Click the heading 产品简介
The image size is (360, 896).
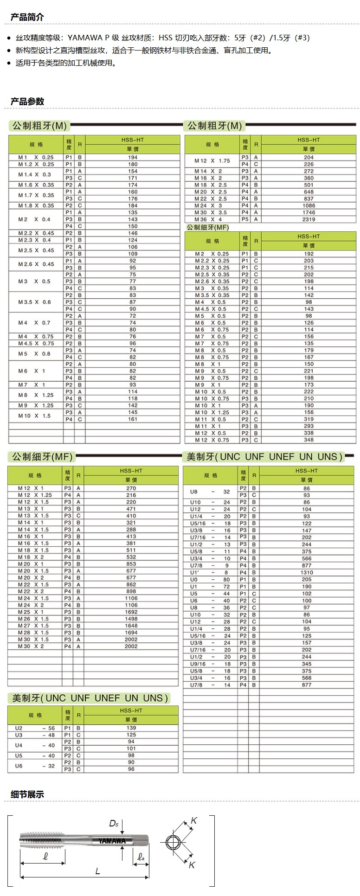click(27, 17)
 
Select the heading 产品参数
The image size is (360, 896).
click(27, 101)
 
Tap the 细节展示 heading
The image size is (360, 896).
click(27, 794)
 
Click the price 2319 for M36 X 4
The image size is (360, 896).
click(309, 219)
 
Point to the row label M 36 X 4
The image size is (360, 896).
click(208, 219)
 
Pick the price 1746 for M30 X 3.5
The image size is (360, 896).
click(309, 212)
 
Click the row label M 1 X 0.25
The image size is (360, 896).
click(36, 157)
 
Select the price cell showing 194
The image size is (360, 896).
click(133, 157)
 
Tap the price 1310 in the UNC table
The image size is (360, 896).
click(307, 572)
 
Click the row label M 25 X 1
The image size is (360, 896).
click(31, 612)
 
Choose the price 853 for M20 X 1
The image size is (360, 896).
click(131, 564)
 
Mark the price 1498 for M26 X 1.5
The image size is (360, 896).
click(131, 619)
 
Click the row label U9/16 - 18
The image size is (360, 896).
click(210, 664)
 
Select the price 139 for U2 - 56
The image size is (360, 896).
click(131, 728)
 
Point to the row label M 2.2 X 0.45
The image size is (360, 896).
click(36, 233)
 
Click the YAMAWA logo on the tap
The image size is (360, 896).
click(112, 840)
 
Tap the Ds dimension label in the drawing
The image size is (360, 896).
click(114, 823)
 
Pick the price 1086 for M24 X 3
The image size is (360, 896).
click(309, 205)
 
